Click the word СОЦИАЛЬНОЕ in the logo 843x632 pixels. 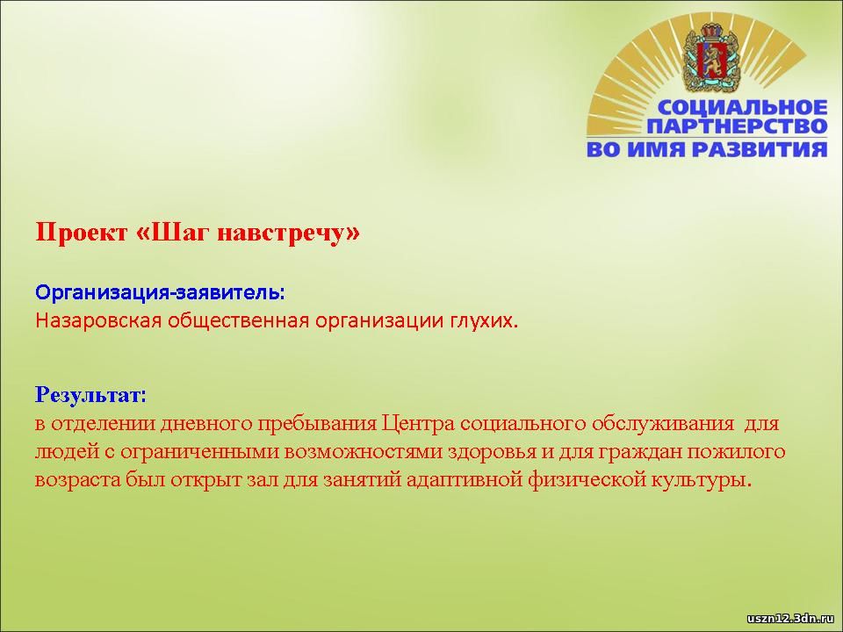pyautogui.click(x=743, y=107)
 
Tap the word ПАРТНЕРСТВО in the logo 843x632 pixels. pyautogui.click(x=737, y=126)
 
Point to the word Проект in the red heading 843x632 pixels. pyautogui.click(x=82, y=232)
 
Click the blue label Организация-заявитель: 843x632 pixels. pyautogui.click(x=160, y=292)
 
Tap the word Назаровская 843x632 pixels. pyautogui.click(x=98, y=321)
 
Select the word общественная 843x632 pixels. pyautogui.click(x=239, y=321)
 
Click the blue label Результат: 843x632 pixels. pyautogui.click(x=90, y=396)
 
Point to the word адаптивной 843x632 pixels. pyautogui.click(x=464, y=480)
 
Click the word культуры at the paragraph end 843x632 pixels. pyautogui.click(x=696, y=480)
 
